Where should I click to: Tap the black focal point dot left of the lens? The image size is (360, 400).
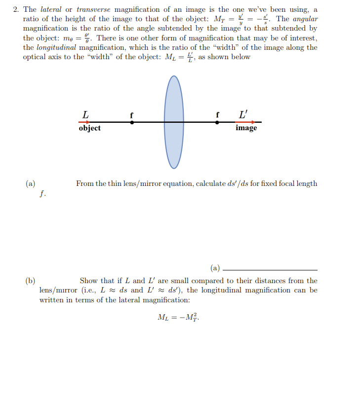(131, 122)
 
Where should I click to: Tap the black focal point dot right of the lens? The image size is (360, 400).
(217, 122)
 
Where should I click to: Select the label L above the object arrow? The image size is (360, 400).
(85, 114)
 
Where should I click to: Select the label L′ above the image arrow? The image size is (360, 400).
(243, 114)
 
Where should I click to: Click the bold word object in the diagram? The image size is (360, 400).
(89, 128)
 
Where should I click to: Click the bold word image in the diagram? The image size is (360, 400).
(246, 128)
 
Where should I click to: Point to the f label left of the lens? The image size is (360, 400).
(131, 114)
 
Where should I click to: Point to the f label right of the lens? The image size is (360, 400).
(217, 114)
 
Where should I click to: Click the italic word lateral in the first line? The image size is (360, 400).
(51, 9)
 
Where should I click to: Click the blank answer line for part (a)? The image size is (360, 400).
(270, 269)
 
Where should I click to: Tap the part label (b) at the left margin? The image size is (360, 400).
(30, 281)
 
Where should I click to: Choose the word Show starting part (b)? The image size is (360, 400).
(89, 281)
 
